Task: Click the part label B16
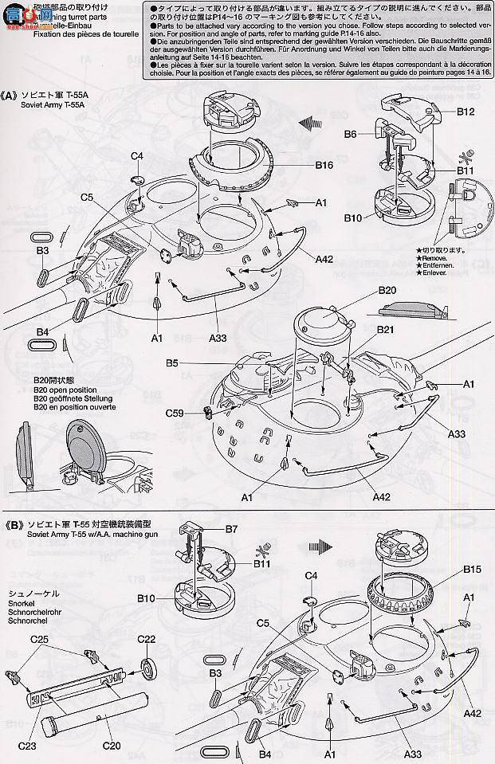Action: (324, 166)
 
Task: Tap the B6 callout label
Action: (351, 135)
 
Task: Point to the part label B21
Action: (386, 330)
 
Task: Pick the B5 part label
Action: (172, 362)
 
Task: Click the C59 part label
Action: (177, 413)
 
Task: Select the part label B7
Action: (232, 529)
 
